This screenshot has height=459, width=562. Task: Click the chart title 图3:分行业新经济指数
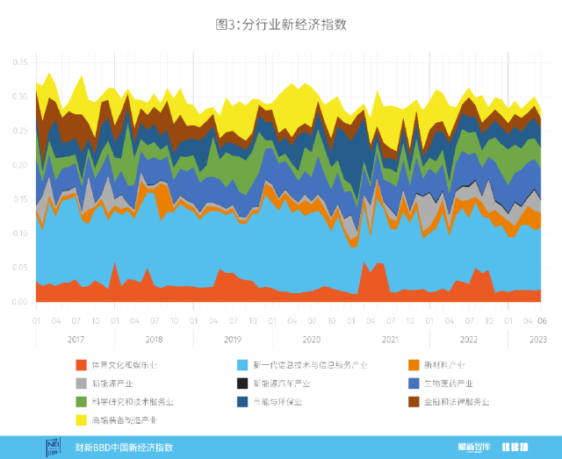tap(281, 24)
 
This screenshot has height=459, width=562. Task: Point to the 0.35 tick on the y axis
tap(19, 62)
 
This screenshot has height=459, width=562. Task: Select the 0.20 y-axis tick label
tap(19, 165)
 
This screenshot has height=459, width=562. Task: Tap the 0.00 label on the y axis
tap(19, 302)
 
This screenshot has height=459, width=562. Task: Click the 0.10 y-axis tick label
tap(19, 233)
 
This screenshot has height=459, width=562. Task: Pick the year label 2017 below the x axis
tap(75, 339)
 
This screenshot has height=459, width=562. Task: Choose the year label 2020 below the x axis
tap(311, 339)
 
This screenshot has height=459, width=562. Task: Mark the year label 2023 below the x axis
tap(538, 339)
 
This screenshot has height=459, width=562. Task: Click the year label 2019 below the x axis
tap(233, 339)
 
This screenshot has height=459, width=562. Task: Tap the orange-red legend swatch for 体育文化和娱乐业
tap(82, 365)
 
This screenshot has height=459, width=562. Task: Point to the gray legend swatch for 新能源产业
tap(82, 384)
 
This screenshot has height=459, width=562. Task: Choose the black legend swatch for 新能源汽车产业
tap(242, 384)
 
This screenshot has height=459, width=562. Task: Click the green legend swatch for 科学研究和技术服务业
tap(82, 402)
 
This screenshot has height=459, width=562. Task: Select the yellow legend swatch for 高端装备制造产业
tap(82, 420)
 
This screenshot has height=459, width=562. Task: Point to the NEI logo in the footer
tap(52, 447)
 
